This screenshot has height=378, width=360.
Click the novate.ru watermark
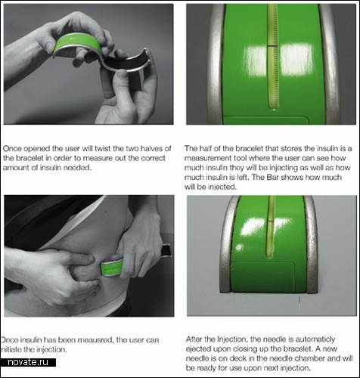click(28, 362)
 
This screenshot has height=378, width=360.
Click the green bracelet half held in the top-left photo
click(78, 43)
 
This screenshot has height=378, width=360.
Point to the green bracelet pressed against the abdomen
click(112, 268)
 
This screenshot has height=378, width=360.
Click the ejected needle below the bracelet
click(299, 303)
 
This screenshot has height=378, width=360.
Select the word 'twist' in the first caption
click(103, 148)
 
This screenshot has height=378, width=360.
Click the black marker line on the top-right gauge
click(272, 46)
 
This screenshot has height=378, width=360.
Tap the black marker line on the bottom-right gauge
click(271, 222)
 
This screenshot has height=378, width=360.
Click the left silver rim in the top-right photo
click(216, 64)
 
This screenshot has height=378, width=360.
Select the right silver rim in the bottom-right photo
click(311, 244)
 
